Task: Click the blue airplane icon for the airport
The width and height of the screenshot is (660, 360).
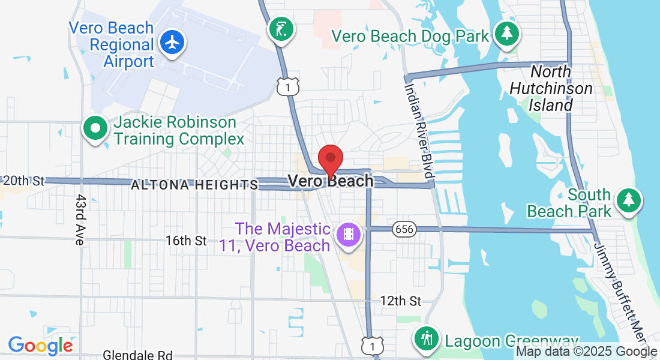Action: (x=173, y=43)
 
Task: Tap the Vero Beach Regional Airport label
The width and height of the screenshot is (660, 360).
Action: (x=112, y=45)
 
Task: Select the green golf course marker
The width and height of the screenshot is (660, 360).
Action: (x=281, y=28)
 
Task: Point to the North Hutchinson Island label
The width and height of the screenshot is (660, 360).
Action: (x=551, y=89)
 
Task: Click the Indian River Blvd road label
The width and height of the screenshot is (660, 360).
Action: (x=419, y=130)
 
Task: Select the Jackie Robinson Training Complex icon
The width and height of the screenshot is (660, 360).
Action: (x=95, y=129)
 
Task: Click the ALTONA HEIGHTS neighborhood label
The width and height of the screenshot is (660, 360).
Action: (x=194, y=185)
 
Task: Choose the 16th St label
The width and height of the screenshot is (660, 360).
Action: (x=186, y=241)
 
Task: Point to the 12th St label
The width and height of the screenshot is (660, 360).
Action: (x=401, y=301)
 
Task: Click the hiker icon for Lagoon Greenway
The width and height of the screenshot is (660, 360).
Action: (x=427, y=338)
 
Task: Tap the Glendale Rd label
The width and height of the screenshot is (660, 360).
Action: (x=138, y=355)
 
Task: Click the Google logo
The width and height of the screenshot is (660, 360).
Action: (x=40, y=346)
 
